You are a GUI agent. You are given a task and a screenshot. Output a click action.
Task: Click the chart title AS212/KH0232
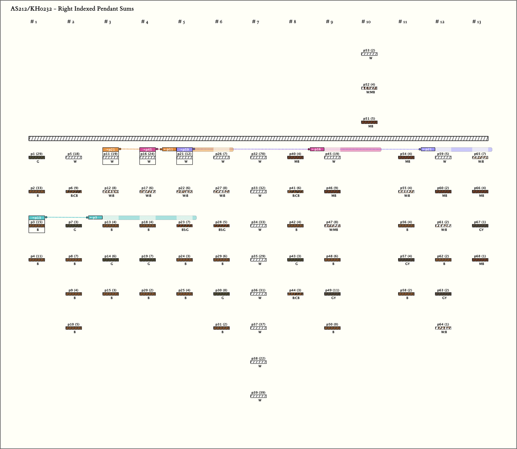pos(72,9)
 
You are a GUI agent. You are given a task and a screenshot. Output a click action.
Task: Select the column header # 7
pos(255,22)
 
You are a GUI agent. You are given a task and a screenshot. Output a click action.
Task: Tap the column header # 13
pos(477,22)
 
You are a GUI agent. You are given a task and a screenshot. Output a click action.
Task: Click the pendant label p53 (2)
pos(369,50)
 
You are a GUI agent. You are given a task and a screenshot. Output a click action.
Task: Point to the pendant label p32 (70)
pos(258,154)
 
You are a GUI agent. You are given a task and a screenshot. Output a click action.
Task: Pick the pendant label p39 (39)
pos(258,392)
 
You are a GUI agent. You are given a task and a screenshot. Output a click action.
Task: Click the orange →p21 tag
pos(111,149)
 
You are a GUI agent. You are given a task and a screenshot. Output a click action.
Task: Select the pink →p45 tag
pos(147,149)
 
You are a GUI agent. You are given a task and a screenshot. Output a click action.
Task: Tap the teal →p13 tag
pos(37,218)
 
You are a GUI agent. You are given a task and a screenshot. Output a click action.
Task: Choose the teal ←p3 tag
pos(95,218)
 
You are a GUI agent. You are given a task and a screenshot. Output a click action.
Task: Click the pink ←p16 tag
pos(317,149)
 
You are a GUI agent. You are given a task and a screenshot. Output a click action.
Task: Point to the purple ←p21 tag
pos(428,149)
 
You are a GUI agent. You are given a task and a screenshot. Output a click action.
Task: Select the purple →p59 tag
pos(184,149)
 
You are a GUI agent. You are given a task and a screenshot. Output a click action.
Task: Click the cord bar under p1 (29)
pos(37,157)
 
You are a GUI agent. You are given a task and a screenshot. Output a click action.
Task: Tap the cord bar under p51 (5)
pos(369,122)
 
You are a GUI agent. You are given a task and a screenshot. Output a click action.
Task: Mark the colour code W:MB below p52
pos(371,92)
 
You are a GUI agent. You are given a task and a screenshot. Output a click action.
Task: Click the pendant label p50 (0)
pos(332,324)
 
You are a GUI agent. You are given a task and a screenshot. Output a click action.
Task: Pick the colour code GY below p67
pos(481,230)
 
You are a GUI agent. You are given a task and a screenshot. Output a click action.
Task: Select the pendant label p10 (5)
pos(73,324)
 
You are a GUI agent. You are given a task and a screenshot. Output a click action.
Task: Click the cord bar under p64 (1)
pos(443,328)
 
